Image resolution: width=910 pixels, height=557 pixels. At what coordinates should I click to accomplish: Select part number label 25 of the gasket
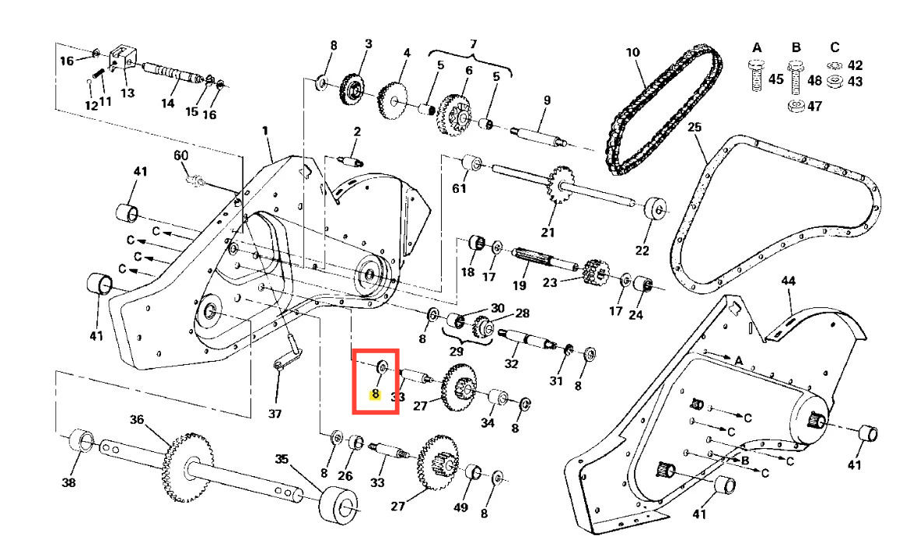695,127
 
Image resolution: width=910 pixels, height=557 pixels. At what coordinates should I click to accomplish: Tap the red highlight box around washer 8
376,350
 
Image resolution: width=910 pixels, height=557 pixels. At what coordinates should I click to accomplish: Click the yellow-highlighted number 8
376,394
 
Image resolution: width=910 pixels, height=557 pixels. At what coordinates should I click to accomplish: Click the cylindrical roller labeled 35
338,504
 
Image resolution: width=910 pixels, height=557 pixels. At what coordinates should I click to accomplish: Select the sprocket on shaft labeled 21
559,184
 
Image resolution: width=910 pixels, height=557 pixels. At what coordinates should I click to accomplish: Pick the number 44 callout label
788,281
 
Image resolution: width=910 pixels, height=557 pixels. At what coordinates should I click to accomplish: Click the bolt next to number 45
756,75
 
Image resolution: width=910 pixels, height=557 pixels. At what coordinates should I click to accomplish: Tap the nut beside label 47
796,106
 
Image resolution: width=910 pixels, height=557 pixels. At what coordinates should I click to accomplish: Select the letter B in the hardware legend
796,47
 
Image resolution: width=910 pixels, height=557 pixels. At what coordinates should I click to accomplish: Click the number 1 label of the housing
265,131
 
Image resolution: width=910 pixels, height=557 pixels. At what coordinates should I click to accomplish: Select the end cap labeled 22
656,207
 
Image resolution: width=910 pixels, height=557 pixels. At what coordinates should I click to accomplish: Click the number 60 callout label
181,156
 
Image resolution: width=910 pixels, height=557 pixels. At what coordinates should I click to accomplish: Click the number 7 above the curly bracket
474,44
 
